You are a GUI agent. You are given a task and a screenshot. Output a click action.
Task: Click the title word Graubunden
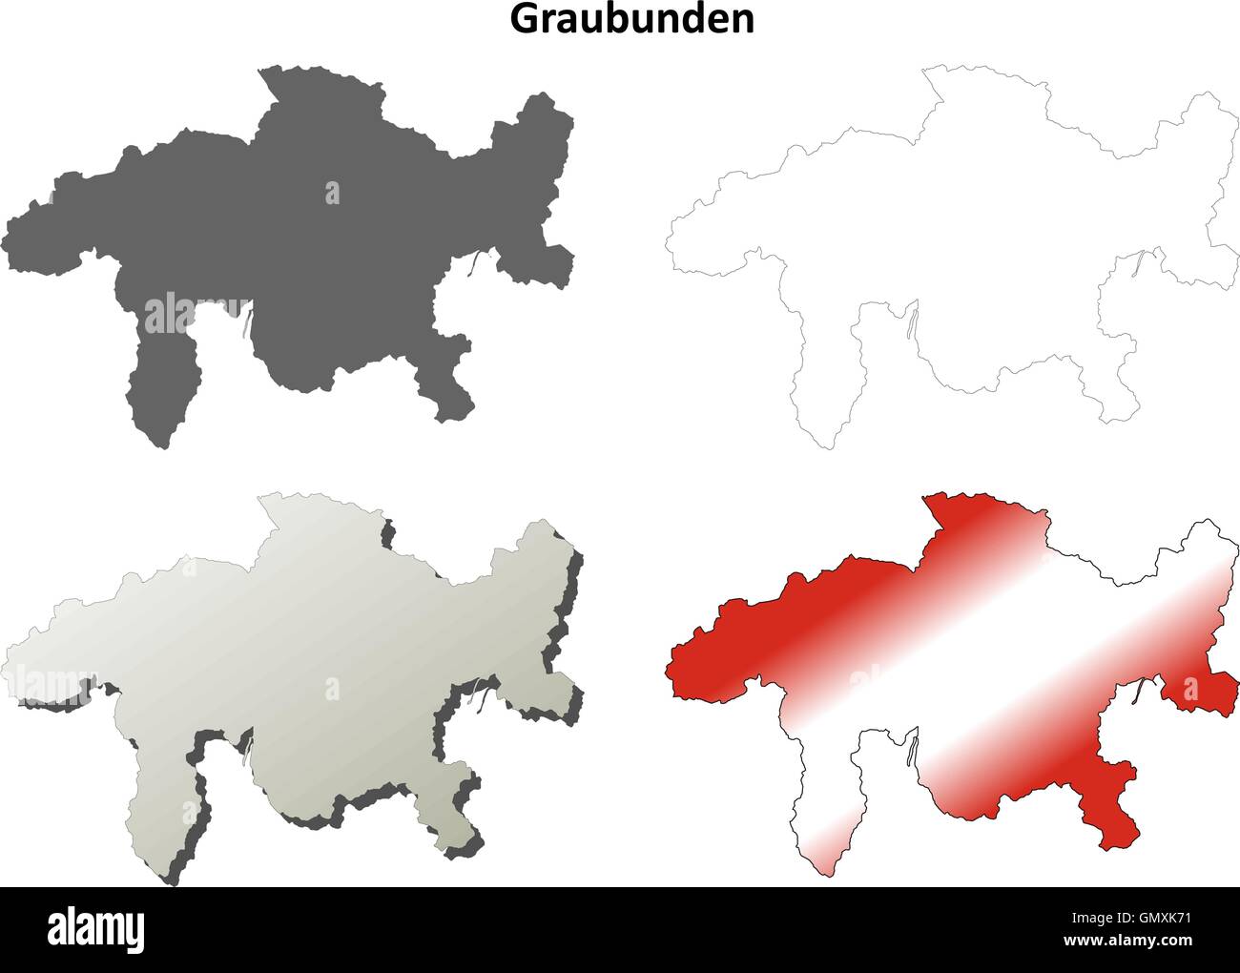click(632, 19)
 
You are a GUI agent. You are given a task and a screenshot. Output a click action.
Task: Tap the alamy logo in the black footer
click(96, 927)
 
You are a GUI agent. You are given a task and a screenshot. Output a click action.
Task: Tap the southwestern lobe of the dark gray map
click(162, 391)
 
